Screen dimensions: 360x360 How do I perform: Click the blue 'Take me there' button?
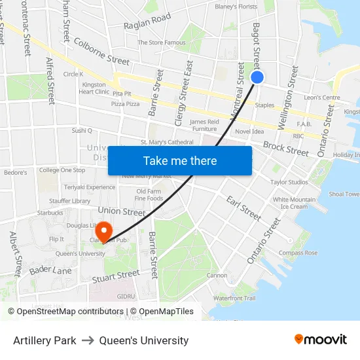pos(180,161)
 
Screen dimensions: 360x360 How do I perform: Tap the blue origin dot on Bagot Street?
pos(257,77)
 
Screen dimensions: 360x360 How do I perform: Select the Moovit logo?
pos(320,340)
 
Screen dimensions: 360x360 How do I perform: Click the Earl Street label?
pos(243,207)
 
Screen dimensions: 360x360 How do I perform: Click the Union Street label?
pos(121,211)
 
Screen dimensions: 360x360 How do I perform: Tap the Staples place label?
pos(264,105)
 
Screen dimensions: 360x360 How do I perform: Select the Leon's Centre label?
pos(322,98)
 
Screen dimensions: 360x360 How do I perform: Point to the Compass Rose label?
pos(298,253)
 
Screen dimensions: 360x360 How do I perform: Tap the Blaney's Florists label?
pos(236,7)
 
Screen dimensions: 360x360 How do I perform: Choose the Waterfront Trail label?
pos(234,298)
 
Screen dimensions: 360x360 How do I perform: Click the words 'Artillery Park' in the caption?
pos(45,340)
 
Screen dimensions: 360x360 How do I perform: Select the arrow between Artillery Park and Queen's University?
pos(88,340)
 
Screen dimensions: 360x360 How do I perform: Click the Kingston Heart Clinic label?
pos(94,88)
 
